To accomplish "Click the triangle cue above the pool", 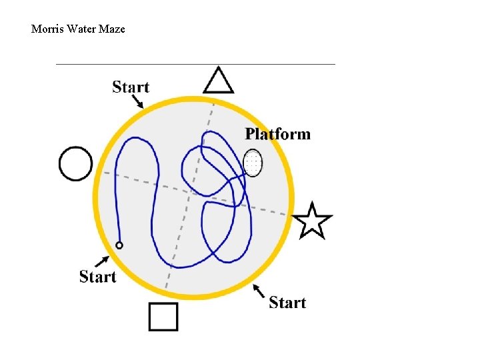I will pyautogui.click(x=218, y=82).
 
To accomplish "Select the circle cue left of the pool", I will pyautogui.click(x=76, y=163).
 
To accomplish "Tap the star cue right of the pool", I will pyautogui.click(x=312, y=221).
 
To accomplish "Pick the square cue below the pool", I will pyautogui.click(x=163, y=317).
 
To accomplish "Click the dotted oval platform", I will pyautogui.click(x=253, y=163).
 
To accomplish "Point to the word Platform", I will pyautogui.click(x=277, y=134).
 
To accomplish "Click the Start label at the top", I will pyautogui.click(x=131, y=87).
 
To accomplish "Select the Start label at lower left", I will pyautogui.click(x=97, y=276).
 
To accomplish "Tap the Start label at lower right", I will pyautogui.click(x=287, y=303).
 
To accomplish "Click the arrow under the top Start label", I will pyautogui.click(x=137, y=101).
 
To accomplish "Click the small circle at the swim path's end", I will pyautogui.click(x=119, y=245).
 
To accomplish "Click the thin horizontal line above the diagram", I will pyautogui.click(x=195, y=64).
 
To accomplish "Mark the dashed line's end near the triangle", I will pyautogui.click(x=213, y=103).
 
